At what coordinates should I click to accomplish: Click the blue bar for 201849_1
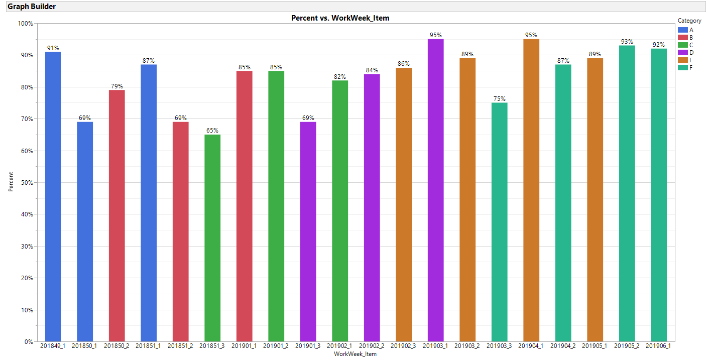click(x=53, y=196)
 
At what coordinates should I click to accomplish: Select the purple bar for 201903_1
click(x=435, y=190)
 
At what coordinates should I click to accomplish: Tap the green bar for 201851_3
click(x=212, y=238)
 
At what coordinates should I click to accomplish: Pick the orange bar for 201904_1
click(x=531, y=190)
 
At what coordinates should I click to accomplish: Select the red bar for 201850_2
click(x=116, y=216)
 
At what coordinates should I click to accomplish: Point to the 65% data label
click(x=212, y=131)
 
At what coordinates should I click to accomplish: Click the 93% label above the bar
click(x=627, y=42)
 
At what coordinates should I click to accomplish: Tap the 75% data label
click(x=499, y=99)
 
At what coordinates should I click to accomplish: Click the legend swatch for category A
click(x=682, y=30)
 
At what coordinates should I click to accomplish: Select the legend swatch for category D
click(x=682, y=52)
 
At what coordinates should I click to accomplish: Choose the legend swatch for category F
click(x=682, y=67)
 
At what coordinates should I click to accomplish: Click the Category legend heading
click(x=689, y=21)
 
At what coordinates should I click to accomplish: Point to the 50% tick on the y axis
click(x=26, y=183)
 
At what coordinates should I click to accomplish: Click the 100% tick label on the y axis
click(x=25, y=24)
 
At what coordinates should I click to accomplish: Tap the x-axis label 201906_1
click(x=659, y=346)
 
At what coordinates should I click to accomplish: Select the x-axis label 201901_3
click(x=308, y=346)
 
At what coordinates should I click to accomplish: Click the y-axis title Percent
click(x=11, y=182)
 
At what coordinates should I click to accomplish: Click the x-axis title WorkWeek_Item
click(x=355, y=354)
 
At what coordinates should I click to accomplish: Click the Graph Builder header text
click(x=32, y=7)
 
